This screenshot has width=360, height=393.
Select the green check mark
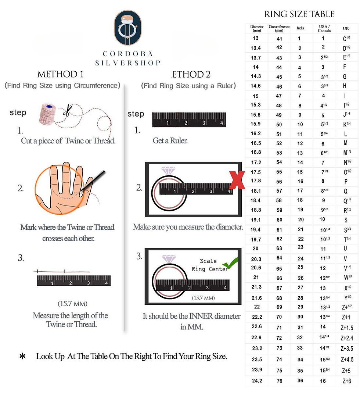(x=231, y=263)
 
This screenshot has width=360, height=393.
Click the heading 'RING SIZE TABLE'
(x=299, y=14)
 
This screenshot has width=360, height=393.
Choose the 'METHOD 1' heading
(x=60, y=74)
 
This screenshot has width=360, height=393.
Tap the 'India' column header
(x=300, y=28)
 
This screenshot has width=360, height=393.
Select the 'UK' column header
(x=346, y=28)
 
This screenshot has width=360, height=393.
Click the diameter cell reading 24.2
(x=256, y=381)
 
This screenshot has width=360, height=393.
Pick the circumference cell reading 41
(x=279, y=39)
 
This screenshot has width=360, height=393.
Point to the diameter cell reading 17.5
(x=256, y=172)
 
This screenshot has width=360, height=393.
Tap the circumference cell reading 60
(x=279, y=220)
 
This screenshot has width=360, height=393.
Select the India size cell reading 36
(x=300, y=381)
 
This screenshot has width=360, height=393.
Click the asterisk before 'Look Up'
(x=22, y=356)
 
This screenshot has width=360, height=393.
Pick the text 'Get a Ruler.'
(x=170, y=141)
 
